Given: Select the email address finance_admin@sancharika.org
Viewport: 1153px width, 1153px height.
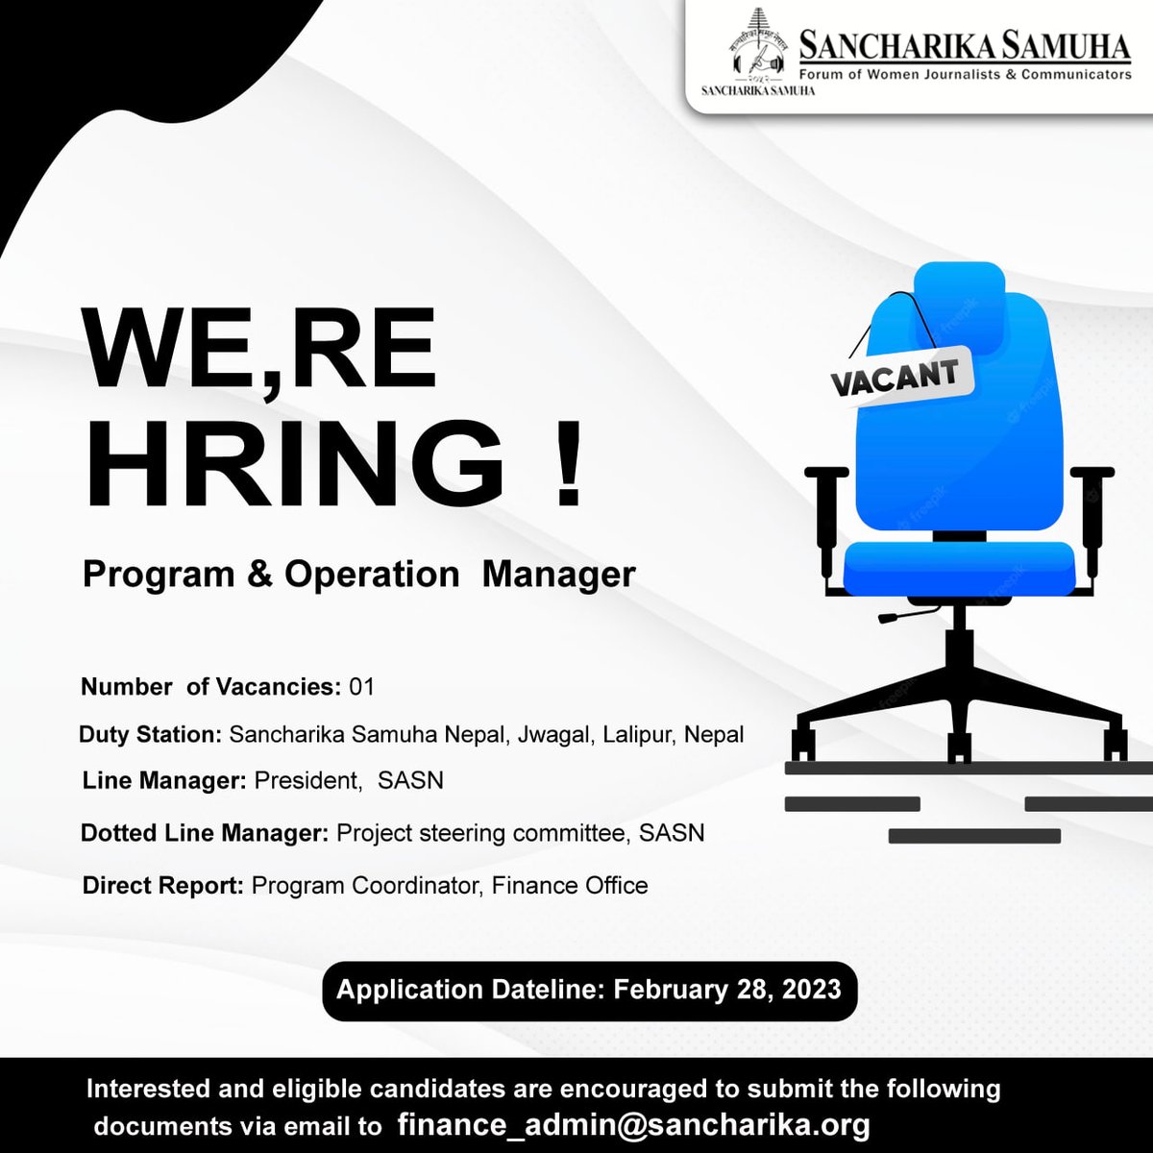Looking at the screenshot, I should coord(634,1124).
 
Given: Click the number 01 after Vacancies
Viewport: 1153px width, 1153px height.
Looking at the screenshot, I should coord(362,687).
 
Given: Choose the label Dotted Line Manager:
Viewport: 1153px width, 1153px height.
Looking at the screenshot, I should coord(205,833).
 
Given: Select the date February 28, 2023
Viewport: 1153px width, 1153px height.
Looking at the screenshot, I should coord(727,990).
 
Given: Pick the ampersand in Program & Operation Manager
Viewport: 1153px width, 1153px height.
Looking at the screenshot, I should coord(259,575).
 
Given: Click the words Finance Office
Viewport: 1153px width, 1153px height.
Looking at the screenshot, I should coord(570,885).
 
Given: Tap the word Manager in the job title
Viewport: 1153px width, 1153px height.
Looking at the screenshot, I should coord(558,575).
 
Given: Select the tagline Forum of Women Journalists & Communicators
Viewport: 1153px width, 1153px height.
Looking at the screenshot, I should coord(966,75).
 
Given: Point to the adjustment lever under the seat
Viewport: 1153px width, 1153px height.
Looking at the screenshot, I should coord(895,615).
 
